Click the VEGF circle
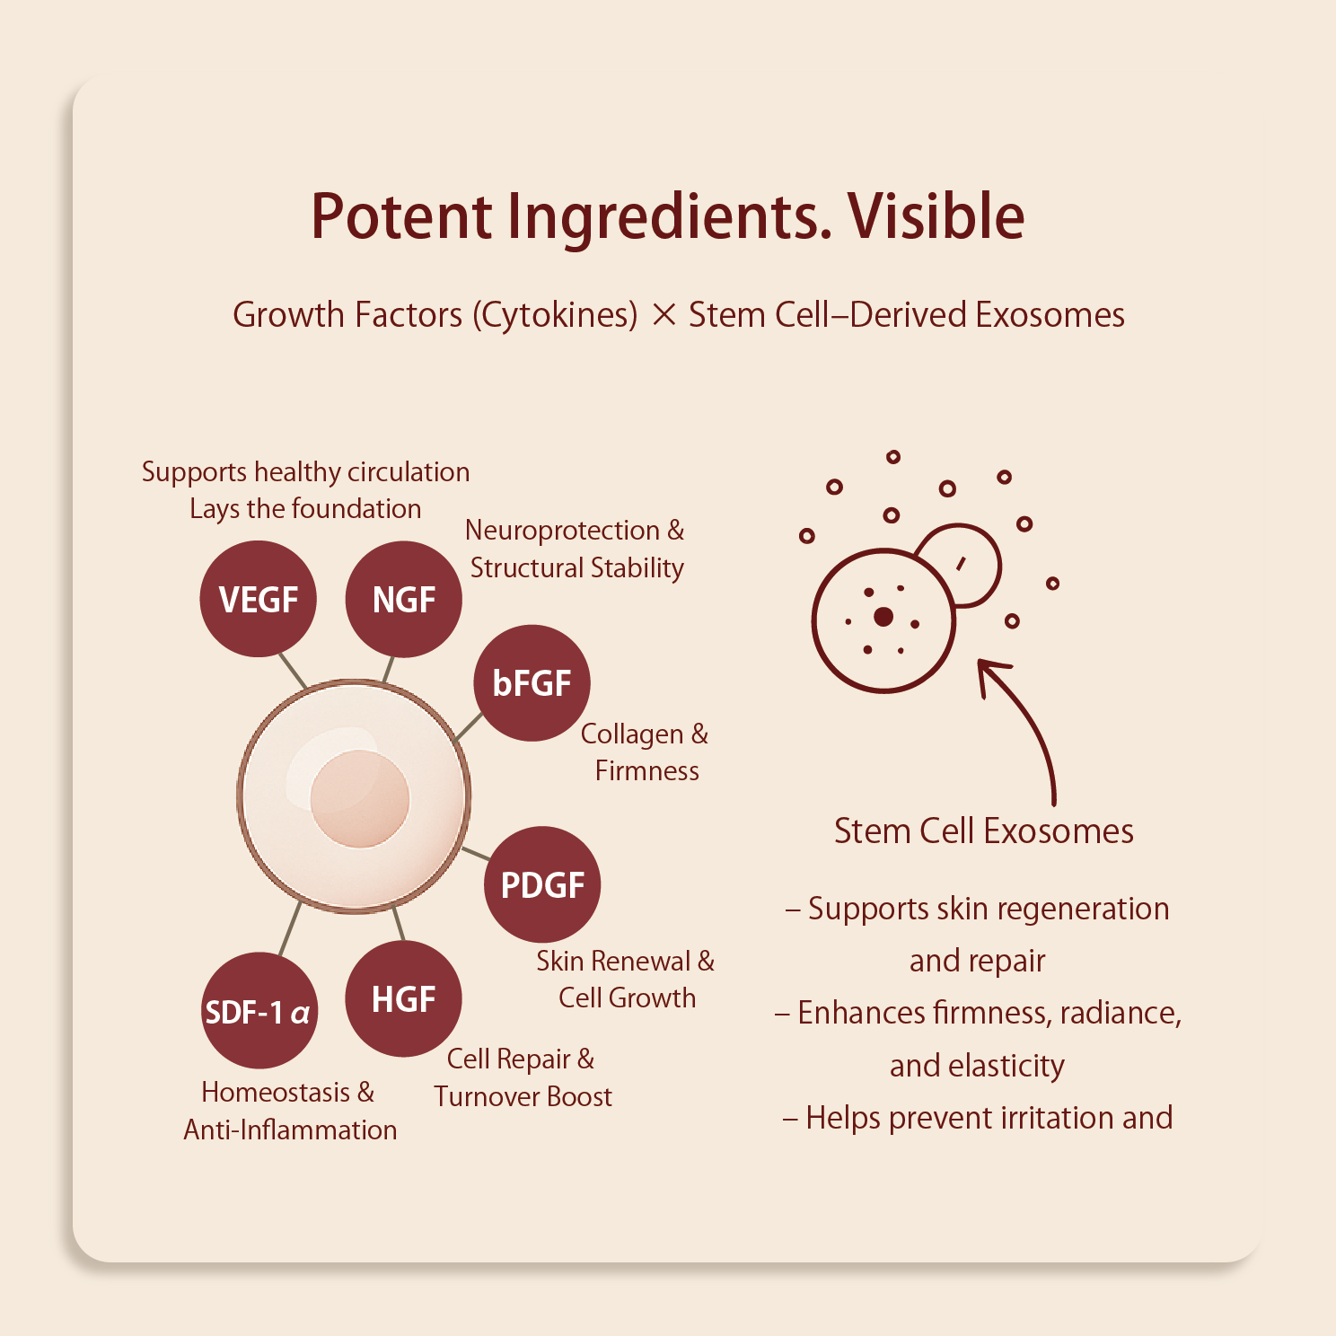[x=259, y=599]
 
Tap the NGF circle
[x=404, y=599]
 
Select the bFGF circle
[x=532, y=683]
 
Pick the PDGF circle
[x=542, y=884]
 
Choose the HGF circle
[x=404, y=998]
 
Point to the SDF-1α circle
[x=259, y=1011]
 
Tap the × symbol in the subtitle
[x=664, y=315]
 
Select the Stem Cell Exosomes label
[x=984, y=831]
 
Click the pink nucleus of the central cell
[x=360, y=798]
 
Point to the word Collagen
[x=632, y=734]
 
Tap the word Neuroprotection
[x=562, y=531]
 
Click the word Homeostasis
[x=276, y=1093]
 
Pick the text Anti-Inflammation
[x=290, y=1129]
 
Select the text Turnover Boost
[x=523, y=1096]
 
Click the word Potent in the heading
[x=401, y=216]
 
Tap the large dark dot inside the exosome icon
[x=883, y=616]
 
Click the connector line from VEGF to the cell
[x=293, y=671]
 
